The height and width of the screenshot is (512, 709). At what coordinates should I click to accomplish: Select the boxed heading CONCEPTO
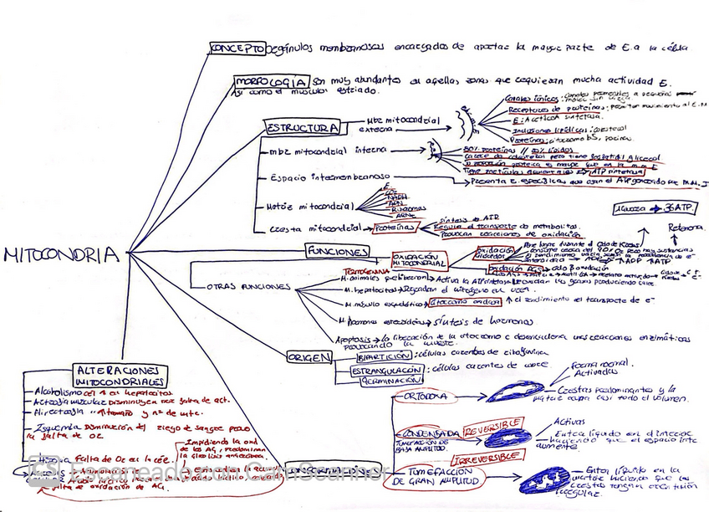coord(237,49)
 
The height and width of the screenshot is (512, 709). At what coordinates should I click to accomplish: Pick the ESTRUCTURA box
coord(302,128)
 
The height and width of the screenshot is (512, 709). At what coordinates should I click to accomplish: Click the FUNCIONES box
coord(336,251)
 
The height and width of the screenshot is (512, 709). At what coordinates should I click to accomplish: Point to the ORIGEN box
coord(309,357)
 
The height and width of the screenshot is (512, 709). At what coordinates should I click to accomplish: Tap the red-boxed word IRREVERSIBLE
coord(486,458)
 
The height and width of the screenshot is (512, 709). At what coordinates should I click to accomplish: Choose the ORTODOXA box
coord(425,396)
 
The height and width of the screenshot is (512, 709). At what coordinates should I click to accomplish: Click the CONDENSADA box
coord(430,434)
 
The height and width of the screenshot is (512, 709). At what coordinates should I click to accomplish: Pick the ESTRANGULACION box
coord(385,370)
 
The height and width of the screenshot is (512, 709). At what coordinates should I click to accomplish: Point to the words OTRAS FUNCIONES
coord(237,287)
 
